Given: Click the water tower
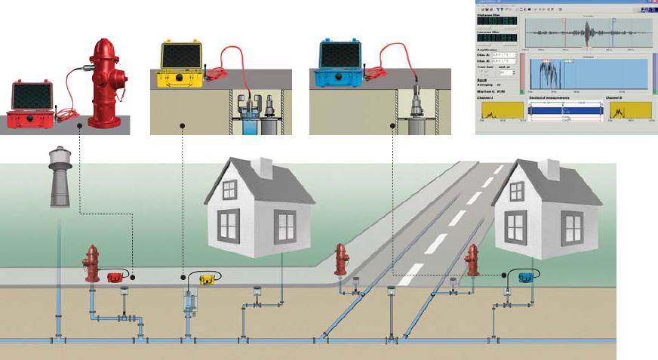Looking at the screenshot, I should (60, 176).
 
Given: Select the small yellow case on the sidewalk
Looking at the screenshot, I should (207, 279).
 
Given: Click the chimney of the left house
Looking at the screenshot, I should (264, 168).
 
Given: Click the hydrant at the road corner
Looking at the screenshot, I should (342, 260).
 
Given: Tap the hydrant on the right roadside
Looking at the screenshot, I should (473, 260).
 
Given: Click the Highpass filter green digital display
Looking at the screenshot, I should (497, 21).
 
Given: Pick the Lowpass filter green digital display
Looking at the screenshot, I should (497, 38).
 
